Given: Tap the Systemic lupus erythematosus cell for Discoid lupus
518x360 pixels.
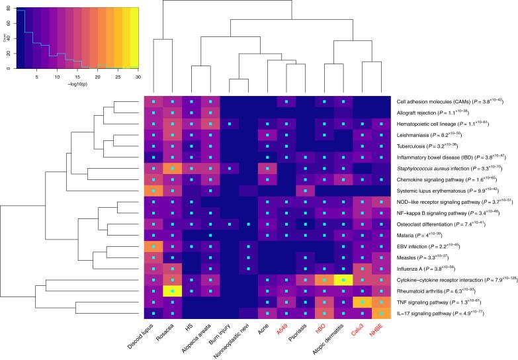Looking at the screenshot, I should (x=153, y=191).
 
